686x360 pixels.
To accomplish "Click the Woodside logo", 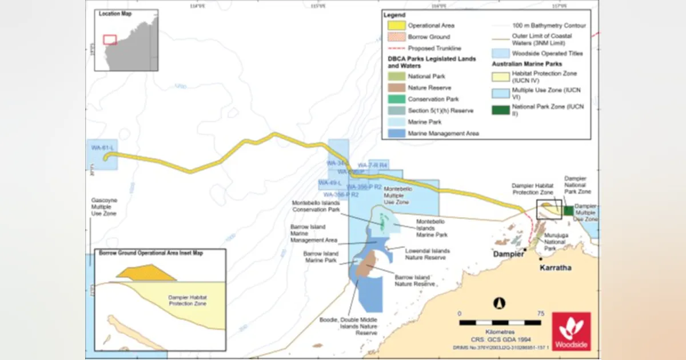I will (571, 331).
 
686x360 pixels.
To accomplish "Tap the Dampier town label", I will (509, 255).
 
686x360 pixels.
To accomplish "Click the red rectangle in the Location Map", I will (110, 39).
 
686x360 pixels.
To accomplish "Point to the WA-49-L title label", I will (330, 183).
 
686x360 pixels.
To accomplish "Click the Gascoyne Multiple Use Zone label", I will (103, 207).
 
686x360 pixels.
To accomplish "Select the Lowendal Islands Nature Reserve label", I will (427, 254).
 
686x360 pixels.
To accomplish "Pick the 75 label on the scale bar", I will (540, 314).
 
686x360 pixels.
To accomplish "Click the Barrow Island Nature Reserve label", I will (415, 280).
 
